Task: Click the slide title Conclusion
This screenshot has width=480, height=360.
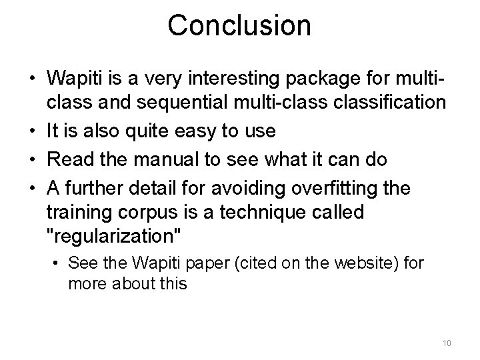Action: pos(239,25)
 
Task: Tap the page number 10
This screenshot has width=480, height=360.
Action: pos(447,343)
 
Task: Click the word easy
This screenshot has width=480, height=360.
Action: pos(201,131)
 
